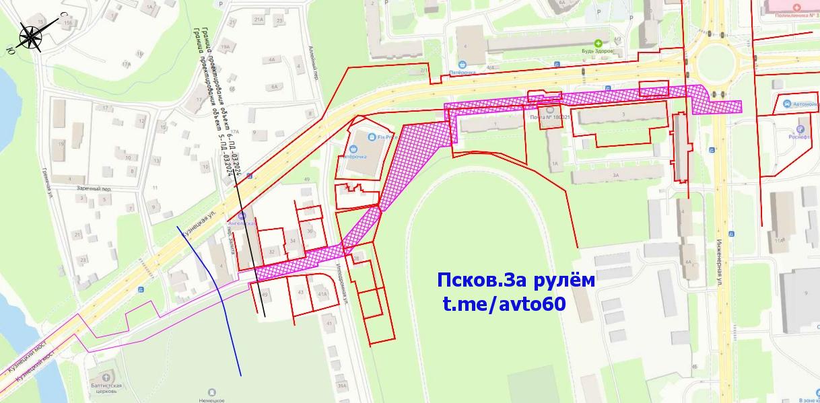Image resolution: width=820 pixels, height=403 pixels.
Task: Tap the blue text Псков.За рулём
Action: pos(516,281)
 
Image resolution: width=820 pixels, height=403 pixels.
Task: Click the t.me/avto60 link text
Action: pos(504,304)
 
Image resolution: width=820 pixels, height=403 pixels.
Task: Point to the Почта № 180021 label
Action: pos(551,116)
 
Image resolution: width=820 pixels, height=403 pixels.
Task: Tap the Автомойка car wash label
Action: pos(805,104)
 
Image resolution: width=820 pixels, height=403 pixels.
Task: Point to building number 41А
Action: pos(322,293)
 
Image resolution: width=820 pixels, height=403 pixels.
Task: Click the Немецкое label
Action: pos(212,400)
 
